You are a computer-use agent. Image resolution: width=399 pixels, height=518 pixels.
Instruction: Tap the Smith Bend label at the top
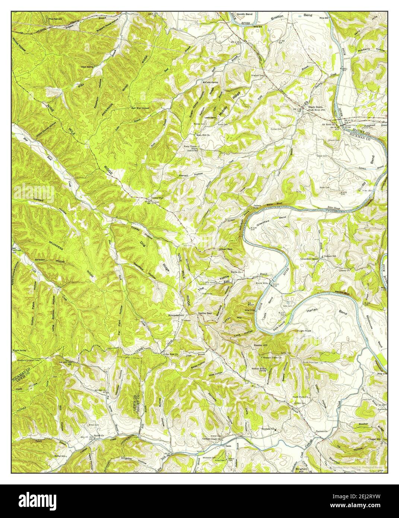[245, 14]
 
